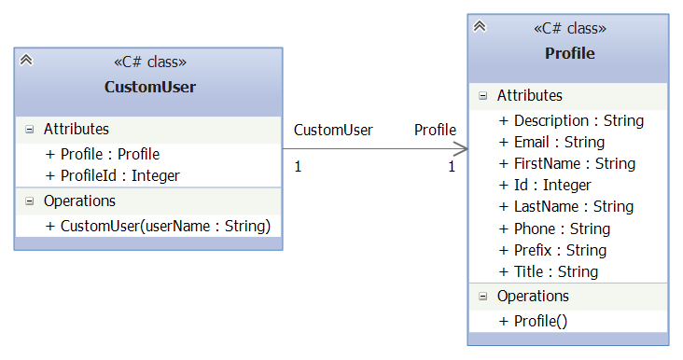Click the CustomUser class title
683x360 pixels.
pos(149,88)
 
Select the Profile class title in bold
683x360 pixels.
pos(569,53)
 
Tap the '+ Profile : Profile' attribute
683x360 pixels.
pos(103,154)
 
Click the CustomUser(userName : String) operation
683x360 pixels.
pos(158,226)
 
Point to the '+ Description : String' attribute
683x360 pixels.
pos(571,120)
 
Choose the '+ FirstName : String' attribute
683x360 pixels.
pos(566,163)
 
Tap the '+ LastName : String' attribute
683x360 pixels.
pos(565,206)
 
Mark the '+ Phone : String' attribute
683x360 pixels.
pos(554,228)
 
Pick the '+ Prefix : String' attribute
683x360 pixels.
pos(552,250)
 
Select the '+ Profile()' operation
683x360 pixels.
pos(533,321)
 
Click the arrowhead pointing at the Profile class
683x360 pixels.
pos(461,148)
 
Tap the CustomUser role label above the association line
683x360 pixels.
pos(333,130)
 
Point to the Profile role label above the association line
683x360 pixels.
pos(435,130)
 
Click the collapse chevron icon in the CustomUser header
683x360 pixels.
pos(26,60)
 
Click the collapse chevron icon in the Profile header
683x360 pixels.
pos(480,26)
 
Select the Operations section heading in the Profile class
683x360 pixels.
pos(533,297)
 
